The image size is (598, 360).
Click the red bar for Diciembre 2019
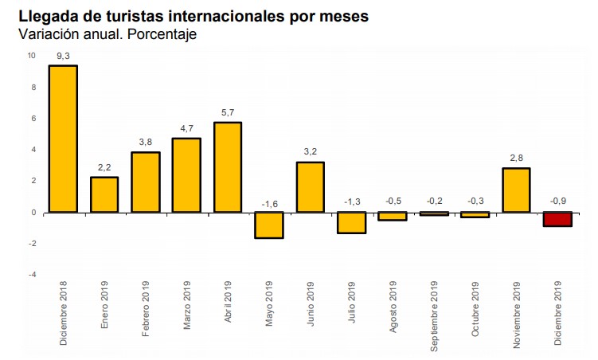[x=557, y=219]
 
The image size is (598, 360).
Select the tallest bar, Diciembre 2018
[x=63, y=139]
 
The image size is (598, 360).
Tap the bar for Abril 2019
[x=228, y=167]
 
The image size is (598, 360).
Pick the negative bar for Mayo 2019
[x=268, y=225]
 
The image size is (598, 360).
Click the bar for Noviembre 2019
[x=515, y=190]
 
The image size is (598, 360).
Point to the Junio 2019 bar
[x=310, y=187]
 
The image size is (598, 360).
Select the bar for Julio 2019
[x=351, y=222]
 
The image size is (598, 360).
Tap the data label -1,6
[x=268, y=203]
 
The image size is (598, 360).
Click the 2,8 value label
[x=515, y=158]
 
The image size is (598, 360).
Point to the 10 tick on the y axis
[x=31, y=56]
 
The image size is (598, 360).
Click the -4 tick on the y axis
[x=32, y=275]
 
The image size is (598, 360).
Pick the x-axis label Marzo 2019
[x=186, y=308]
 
